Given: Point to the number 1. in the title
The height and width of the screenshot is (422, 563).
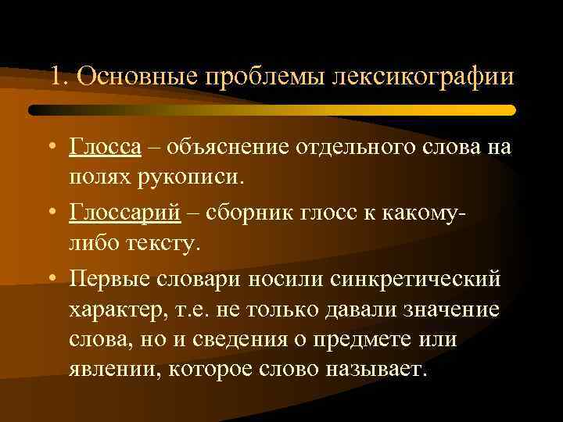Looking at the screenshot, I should point(59,78).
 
